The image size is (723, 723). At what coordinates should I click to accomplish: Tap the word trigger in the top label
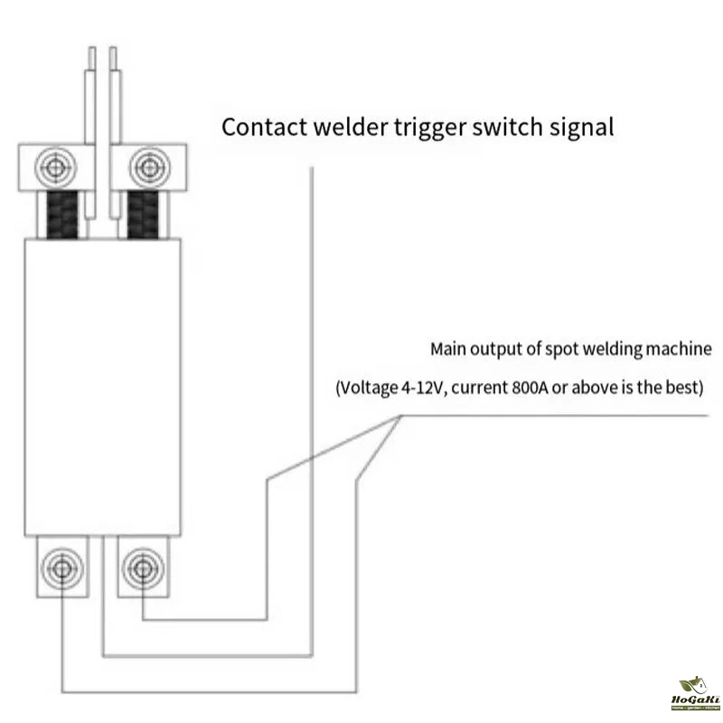412,127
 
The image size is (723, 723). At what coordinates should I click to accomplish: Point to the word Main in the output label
448,349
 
